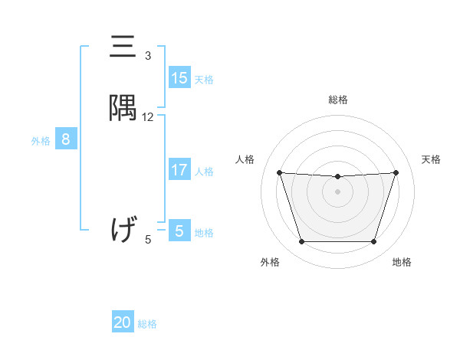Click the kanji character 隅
[123, 110]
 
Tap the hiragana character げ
[123, 229]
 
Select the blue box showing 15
[179, 78]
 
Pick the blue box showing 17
[179, 170]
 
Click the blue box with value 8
[66, 139]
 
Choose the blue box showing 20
[123, 322]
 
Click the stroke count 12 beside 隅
[148, 117]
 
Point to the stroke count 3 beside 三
[148, 56]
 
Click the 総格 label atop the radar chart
[337, 100]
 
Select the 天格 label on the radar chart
[431, 159]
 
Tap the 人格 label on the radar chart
[245, 159]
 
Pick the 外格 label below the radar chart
[270, 263]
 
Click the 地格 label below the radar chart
[402, 263]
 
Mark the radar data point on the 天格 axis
[396, 172]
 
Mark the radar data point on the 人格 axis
[279, 173]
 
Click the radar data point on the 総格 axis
[337, 177]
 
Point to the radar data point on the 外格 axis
[301, 242]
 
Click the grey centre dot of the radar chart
[337, 191]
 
